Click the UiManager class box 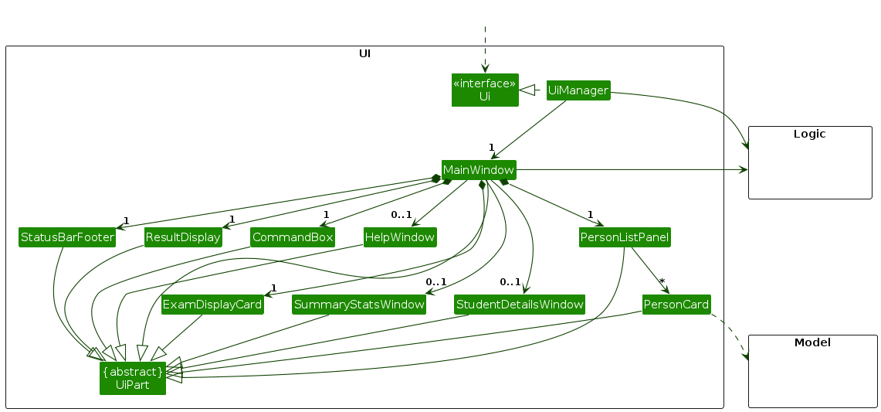point(578,90)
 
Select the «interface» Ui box point(485,90)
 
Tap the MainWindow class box point(478,169)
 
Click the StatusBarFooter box point(67,237)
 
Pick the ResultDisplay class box point(183,237)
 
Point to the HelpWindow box point(400,237)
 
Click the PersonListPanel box point(625,237)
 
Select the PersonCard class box point(676,304)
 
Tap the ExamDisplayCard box point(212,305)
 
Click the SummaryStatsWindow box point(359,305)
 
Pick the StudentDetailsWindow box point(520,305)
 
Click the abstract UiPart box point(133,378)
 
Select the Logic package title point(809,134)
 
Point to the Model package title point(812,342)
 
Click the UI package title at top point(364,53)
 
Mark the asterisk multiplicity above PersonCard point(662,282)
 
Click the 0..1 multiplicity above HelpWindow point(401,215)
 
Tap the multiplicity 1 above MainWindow point(490,147)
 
